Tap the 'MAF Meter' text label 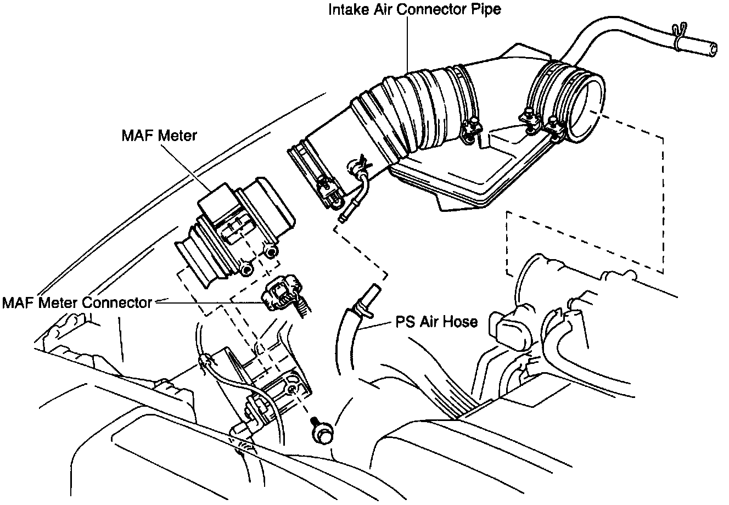(x=159, y=136)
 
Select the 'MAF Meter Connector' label (x=77, y=302)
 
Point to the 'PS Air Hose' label (x=436, y=322)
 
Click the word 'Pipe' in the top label (x=487, y=10)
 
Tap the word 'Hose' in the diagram (x=461, y=322)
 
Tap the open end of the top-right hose (x=711, y=48)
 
